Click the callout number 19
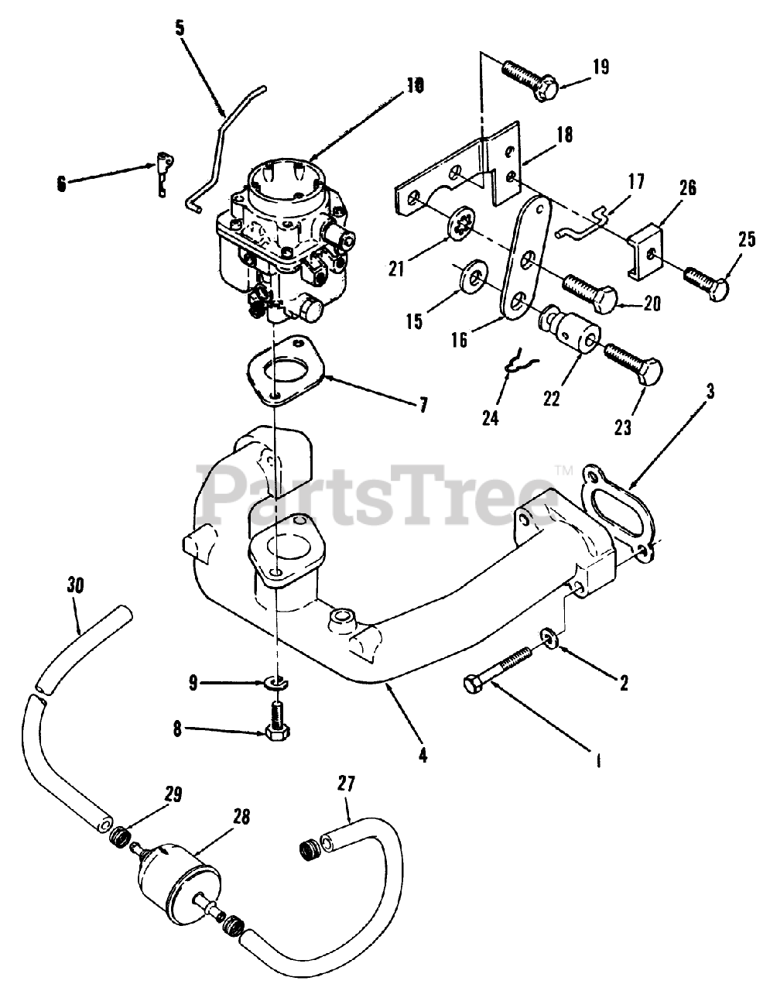click(x=601, y=67)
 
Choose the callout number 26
click(x=687, y=188)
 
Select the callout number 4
click(x=423, y=753)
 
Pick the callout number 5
click(x=180, y=29)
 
